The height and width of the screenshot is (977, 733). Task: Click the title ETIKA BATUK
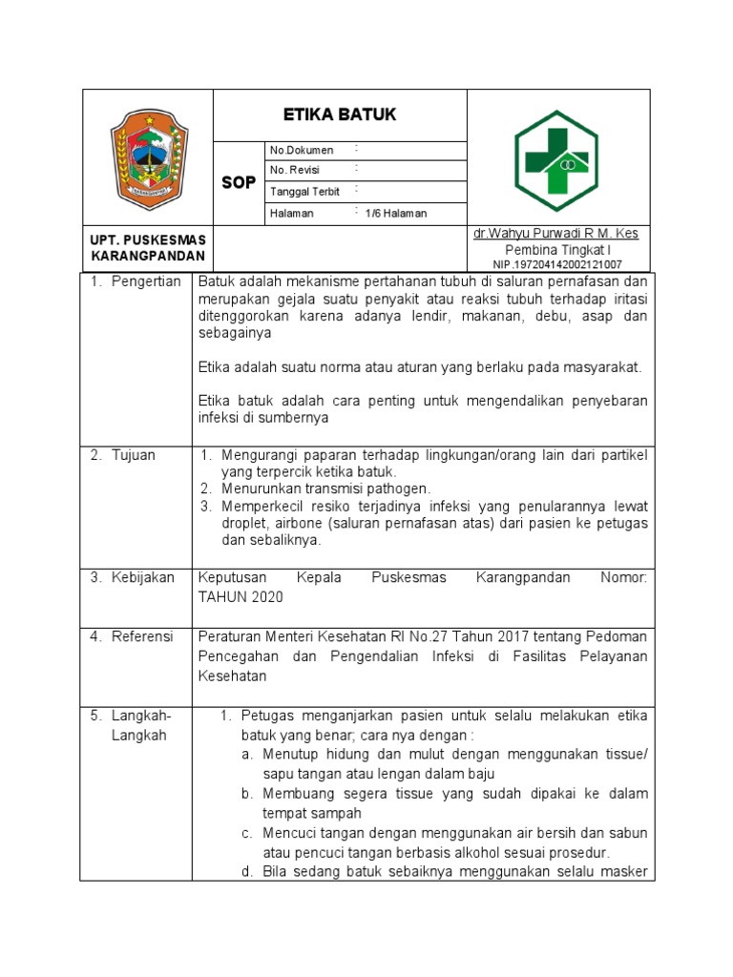[340, 115]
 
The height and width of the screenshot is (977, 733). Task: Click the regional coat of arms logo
[147, 157]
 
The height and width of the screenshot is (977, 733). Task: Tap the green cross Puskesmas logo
[555, 157]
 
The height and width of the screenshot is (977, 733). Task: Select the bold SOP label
[239, 183]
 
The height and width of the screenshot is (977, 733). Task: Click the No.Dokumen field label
[302, 150]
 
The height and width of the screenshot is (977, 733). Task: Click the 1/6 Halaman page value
[396, 214]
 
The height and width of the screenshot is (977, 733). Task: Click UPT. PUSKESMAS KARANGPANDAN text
[148, 248]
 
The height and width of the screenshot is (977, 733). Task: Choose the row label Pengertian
[136, 282]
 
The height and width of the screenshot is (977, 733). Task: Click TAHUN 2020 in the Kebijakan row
[240, 596]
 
